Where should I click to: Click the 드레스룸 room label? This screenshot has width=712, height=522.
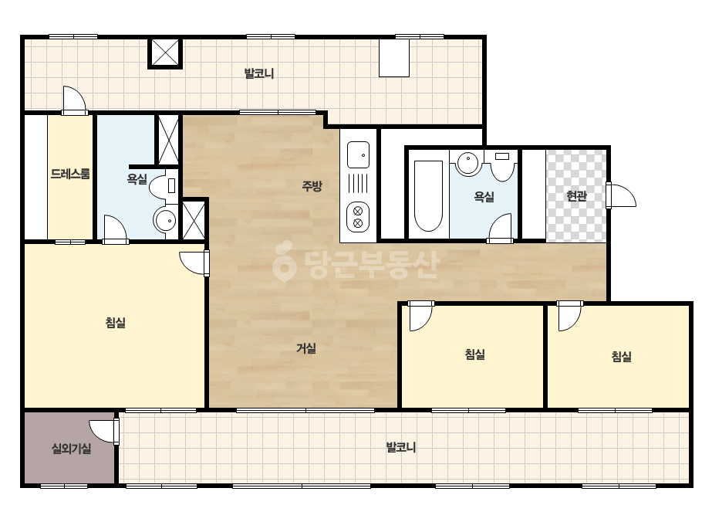tap(70, 174)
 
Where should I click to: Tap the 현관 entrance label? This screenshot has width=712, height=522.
tap(576, 196)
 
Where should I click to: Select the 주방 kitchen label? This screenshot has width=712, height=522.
tap(312, 185)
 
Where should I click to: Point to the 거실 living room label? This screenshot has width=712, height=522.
tap(306, 348)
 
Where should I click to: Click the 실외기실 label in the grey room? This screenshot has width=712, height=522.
tap(71, 449)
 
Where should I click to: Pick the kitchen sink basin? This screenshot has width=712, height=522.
tap(358, 154)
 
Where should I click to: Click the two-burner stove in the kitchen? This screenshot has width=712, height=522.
tap(358, 217)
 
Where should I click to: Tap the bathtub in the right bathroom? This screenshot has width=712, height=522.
tap(428, 195)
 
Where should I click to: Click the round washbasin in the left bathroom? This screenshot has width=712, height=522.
tap(165, 220)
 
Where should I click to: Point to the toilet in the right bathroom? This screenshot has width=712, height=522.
tap(501, 165)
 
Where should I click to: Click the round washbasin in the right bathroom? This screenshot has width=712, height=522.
tap(467, 163)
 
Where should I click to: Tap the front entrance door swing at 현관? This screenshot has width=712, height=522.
tap(621, 195)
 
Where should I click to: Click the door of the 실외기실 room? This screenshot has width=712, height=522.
tap(104, 432)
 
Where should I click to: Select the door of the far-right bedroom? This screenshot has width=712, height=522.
tap(569, 316)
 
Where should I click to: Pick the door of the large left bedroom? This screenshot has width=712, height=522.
tap(194, 263)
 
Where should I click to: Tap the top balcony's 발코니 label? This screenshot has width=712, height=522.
tap(259, 73)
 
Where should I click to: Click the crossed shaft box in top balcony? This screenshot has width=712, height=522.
tap(165, 53)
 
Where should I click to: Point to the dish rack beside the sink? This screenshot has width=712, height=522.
tap(358, 184)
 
